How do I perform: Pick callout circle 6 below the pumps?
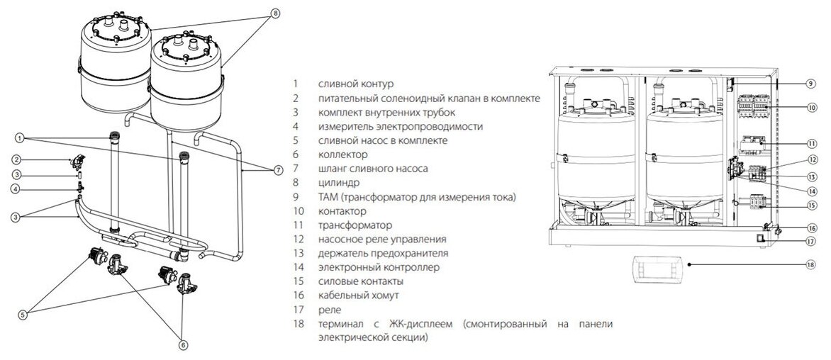coord(183,346)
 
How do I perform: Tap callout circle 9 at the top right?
coord(810,84)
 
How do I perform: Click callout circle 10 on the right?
coord(810,108)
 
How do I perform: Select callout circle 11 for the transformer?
coord(810,142)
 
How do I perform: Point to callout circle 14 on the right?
coord(810,191)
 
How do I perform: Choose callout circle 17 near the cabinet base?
coord(810,241)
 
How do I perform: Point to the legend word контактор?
coord(342,211)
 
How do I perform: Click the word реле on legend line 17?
coord(330,310)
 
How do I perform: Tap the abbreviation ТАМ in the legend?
coord(330,197)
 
